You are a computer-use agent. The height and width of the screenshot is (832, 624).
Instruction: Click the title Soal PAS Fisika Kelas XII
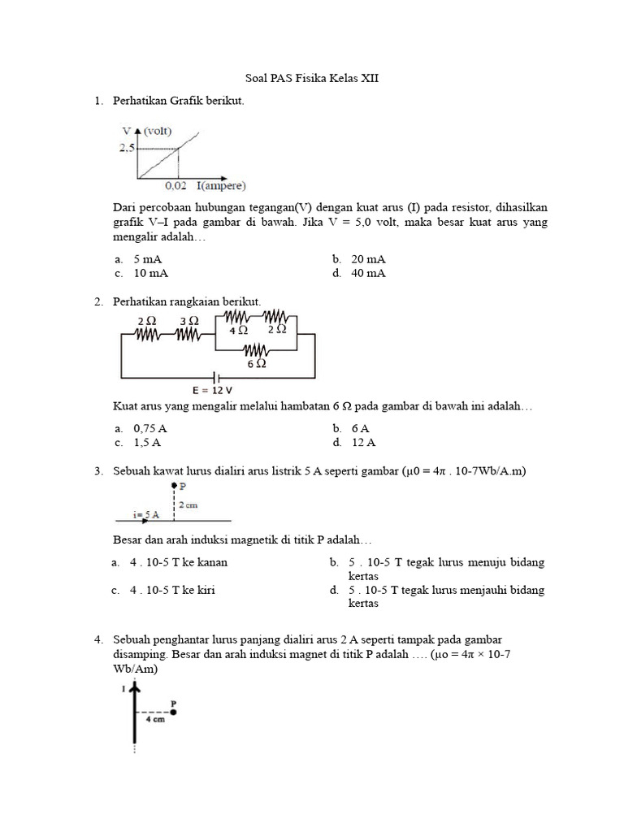click(x=312, y=79)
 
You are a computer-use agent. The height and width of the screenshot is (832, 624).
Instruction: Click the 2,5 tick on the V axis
click(x=126, y=149)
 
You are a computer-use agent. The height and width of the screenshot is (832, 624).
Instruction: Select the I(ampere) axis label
click(x=220, y=184)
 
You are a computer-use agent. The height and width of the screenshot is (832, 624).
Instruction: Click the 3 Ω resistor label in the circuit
click(x=188, y=321)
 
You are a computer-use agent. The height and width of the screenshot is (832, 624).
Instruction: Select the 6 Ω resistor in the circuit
click(x=257, y=350)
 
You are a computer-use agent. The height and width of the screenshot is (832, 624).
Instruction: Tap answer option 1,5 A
click(x=147, y=443)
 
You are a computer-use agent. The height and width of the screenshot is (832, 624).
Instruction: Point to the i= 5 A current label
click(x=146, y=514)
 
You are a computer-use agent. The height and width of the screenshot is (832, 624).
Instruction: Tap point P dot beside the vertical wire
click(x=173, y=712)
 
